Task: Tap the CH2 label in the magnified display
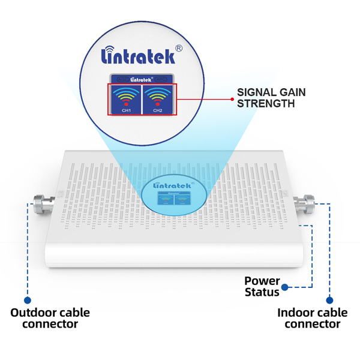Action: click(158, 110)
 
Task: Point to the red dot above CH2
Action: click(158, 103)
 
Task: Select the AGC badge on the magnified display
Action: click(122, 78)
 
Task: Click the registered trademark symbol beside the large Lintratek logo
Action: click(178, 47)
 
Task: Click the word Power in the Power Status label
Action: click(262, 281)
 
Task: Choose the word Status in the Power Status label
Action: click(262, 292)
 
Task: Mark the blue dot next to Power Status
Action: click(286, 287)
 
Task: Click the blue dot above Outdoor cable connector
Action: click(27, 299)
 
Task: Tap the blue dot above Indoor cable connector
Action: click(329, 299)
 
